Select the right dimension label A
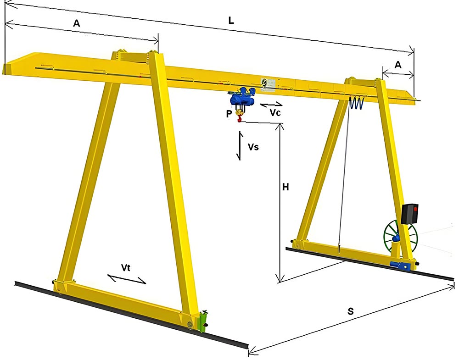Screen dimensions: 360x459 point(398,65)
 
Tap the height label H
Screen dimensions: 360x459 point(285,187)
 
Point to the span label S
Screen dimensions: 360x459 point(351,311)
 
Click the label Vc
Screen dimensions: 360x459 point(275,113)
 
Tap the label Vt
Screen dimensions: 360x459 point(126,267)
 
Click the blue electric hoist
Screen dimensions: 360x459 point(243,97)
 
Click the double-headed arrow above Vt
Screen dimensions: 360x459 point(127,278)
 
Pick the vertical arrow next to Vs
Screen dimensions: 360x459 point(239,146)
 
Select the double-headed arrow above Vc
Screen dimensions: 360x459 point(271,105)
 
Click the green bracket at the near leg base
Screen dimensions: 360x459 point(202,320)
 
